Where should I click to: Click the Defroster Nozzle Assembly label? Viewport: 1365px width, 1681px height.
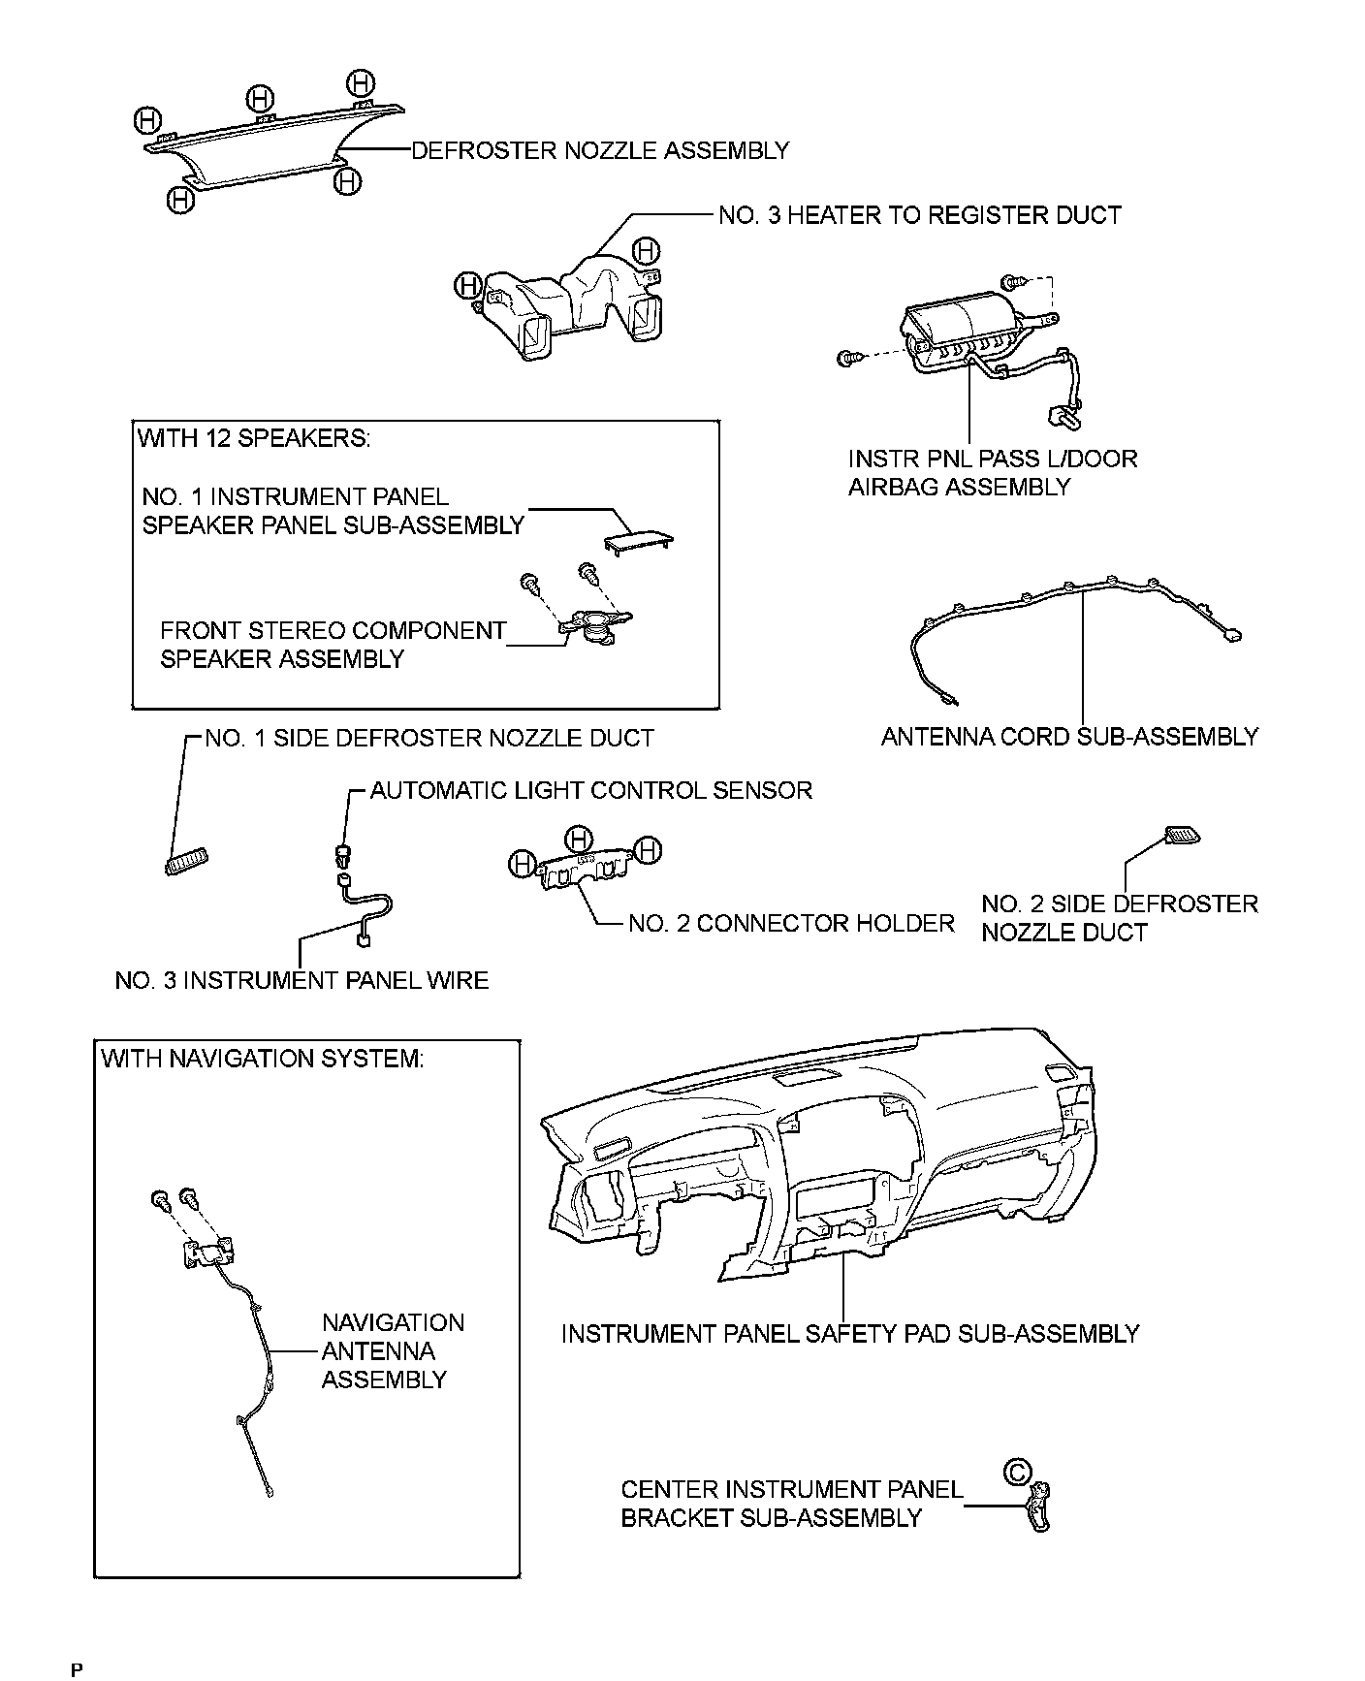pos(600,150)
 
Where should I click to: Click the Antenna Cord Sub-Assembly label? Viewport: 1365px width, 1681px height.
pos(1069,737)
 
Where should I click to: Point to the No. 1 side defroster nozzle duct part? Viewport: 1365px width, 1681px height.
pos(186,860)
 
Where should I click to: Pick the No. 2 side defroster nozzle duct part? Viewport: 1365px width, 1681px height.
pos(1182,836)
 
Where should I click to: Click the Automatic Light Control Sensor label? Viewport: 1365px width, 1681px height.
pos(590,790)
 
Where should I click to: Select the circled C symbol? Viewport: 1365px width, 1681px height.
pos(1016,1473)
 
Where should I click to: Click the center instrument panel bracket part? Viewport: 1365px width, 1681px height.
pos(1039,1507)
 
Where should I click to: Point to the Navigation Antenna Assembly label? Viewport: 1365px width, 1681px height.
pos(393,1350)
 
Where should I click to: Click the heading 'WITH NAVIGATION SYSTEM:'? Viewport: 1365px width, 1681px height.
pos(262,1058)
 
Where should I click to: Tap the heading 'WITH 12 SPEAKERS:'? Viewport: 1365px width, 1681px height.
pos(253,438)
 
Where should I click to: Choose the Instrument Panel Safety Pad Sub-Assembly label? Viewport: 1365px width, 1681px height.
pos(850,1334)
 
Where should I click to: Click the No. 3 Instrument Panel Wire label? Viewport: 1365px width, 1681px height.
pos(302,980)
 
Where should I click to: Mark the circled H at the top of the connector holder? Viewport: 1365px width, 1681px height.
pos(579,837)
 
